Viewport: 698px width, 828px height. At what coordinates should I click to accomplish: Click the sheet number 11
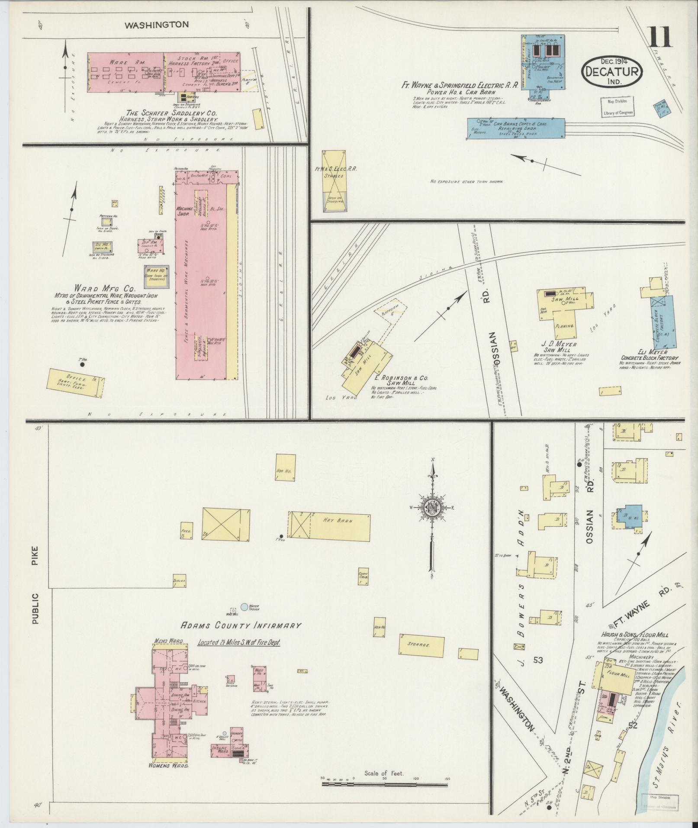click(660, 38)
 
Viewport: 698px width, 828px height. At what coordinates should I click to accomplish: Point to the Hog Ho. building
click(285, 467)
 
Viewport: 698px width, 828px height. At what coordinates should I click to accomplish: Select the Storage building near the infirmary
click(421, 657)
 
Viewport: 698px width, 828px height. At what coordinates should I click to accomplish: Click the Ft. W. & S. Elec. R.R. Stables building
click(334, 177)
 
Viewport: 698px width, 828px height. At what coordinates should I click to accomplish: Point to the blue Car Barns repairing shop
click(517, 129)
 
